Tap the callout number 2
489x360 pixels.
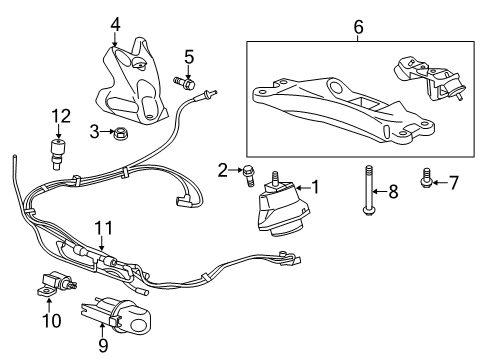tap(222, 170)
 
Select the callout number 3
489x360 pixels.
tap(94, 131)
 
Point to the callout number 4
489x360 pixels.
tap(115, 23)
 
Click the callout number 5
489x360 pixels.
tap(187, 56)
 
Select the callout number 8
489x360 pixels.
tap(393, 190)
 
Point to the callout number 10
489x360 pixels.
tap(51, 321)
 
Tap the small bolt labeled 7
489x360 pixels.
tap(427, 181)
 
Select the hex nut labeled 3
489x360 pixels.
tap(118, 131)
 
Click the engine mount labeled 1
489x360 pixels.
tap(282, 215)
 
